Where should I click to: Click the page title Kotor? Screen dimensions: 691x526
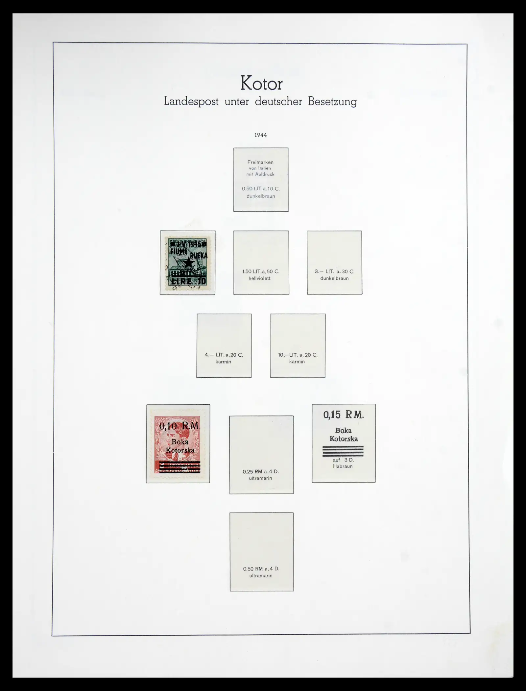[261, 83]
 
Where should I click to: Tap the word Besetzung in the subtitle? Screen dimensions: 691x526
[332, 102]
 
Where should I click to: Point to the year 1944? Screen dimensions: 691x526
[261, 135]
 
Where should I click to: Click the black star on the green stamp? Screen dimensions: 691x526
[188, 262]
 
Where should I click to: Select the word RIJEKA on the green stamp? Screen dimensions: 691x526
[199, 255]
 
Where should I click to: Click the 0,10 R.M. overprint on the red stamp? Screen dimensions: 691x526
[179, 426]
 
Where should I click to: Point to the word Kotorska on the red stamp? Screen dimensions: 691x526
[180, 450]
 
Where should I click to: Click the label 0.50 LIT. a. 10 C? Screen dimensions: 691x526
[261, 189]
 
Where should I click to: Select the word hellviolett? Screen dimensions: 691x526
[260, 278]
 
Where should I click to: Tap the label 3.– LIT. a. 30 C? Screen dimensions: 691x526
[334, 272]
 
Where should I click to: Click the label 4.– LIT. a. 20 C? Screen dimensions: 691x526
[224, 355]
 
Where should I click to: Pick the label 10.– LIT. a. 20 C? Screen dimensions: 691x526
[298, 355]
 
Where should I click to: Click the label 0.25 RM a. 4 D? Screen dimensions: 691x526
[261, 471]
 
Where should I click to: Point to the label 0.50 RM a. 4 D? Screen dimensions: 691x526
[261, 569]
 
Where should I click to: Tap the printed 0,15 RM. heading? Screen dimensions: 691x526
[343, 415]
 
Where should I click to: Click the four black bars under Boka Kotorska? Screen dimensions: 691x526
[343, 451]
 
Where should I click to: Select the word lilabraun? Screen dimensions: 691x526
[343, 466]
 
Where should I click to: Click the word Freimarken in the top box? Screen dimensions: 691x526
[260, 162]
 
